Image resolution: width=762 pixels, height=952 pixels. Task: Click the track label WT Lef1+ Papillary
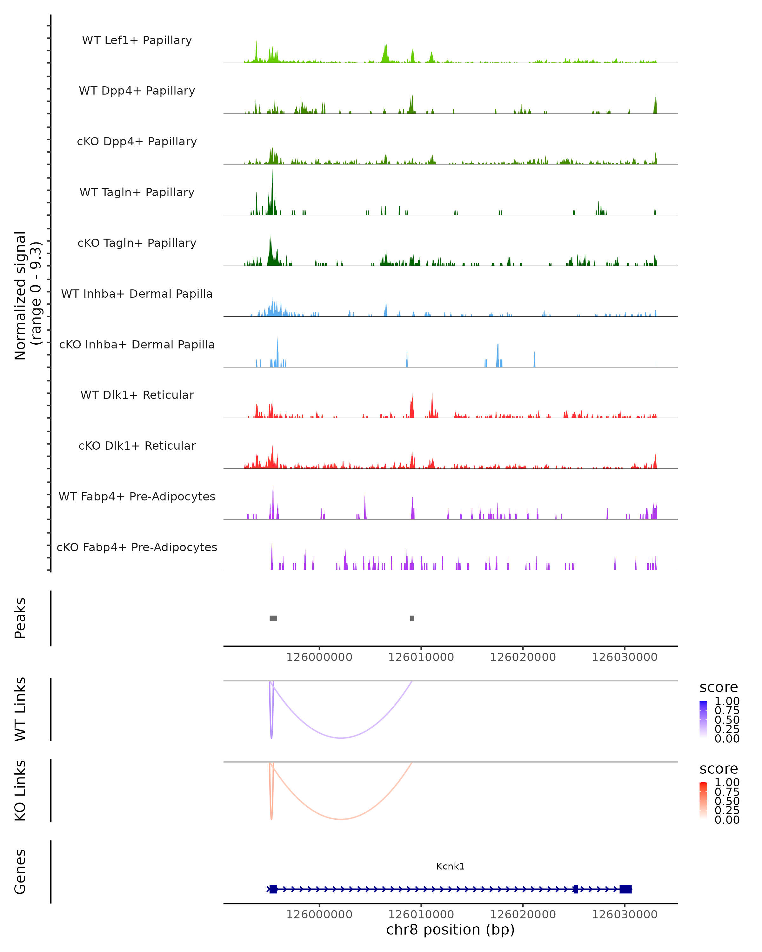(137, 40)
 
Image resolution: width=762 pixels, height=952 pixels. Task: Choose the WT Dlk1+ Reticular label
(137, 395)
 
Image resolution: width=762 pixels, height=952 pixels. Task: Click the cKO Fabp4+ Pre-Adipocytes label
(137, 547)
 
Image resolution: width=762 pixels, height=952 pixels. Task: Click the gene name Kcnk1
(450, 866)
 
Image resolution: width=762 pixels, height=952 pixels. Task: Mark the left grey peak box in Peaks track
(273, 618)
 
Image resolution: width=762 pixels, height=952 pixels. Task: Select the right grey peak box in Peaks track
(412, 618)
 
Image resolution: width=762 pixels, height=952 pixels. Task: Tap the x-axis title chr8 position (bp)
(450, 929)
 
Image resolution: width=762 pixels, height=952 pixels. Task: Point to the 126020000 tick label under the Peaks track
(523, 657)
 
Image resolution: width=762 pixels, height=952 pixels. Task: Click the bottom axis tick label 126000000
(319, 915)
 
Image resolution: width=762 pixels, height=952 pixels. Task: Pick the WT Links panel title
(20, 709)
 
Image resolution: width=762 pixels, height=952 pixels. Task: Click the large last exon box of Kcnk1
(625, 889)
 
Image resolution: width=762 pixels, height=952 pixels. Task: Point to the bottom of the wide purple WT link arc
(341, 738)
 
